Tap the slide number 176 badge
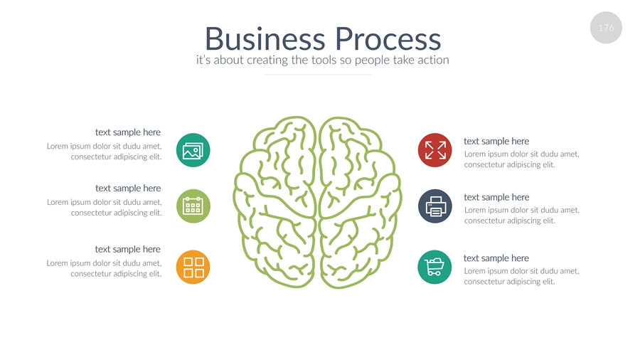click(x=606, y=28)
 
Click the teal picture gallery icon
click(x=193, y=150)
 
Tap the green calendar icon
click(x=193, y=206)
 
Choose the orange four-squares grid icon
click(x=193, y=268)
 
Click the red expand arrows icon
click(x=435, y=150)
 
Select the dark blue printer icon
click(x=435, y=206)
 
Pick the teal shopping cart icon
click(x=434, y=268)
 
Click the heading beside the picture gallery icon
click(x=128, y=132)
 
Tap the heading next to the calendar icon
click(x=128, y=189)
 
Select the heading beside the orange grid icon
click(x=128, y=249)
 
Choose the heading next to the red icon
click(x=496, y=141)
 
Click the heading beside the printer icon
click(x=496, y=197)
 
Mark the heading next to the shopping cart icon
click(x=496, y=258)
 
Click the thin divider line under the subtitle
click(x=317, y=74)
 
